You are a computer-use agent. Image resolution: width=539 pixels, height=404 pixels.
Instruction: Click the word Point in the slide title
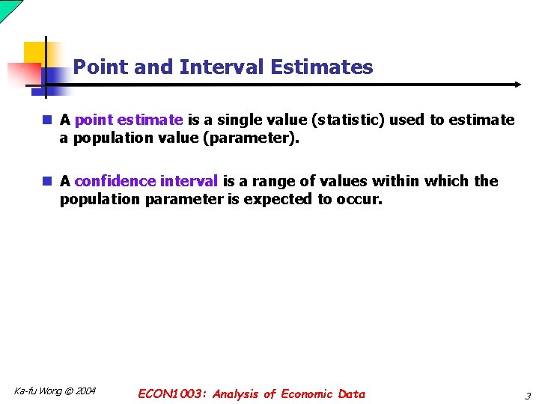[101, 67]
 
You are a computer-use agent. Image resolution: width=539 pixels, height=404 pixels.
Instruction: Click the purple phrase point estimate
[129, 120]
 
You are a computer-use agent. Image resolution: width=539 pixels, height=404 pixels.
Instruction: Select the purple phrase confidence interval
[147, 181]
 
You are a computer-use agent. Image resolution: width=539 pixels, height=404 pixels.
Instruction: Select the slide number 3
[527, 395]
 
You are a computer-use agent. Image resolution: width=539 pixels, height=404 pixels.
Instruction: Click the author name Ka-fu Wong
[37, 391]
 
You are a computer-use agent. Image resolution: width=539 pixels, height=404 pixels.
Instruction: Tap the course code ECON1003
[171, 394]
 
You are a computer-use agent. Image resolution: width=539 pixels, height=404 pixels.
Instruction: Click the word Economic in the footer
[307, 394]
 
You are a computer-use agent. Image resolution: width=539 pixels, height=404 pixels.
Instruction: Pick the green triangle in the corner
[7, 7]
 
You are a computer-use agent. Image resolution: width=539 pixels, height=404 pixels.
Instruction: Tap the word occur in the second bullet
[365, 200]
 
